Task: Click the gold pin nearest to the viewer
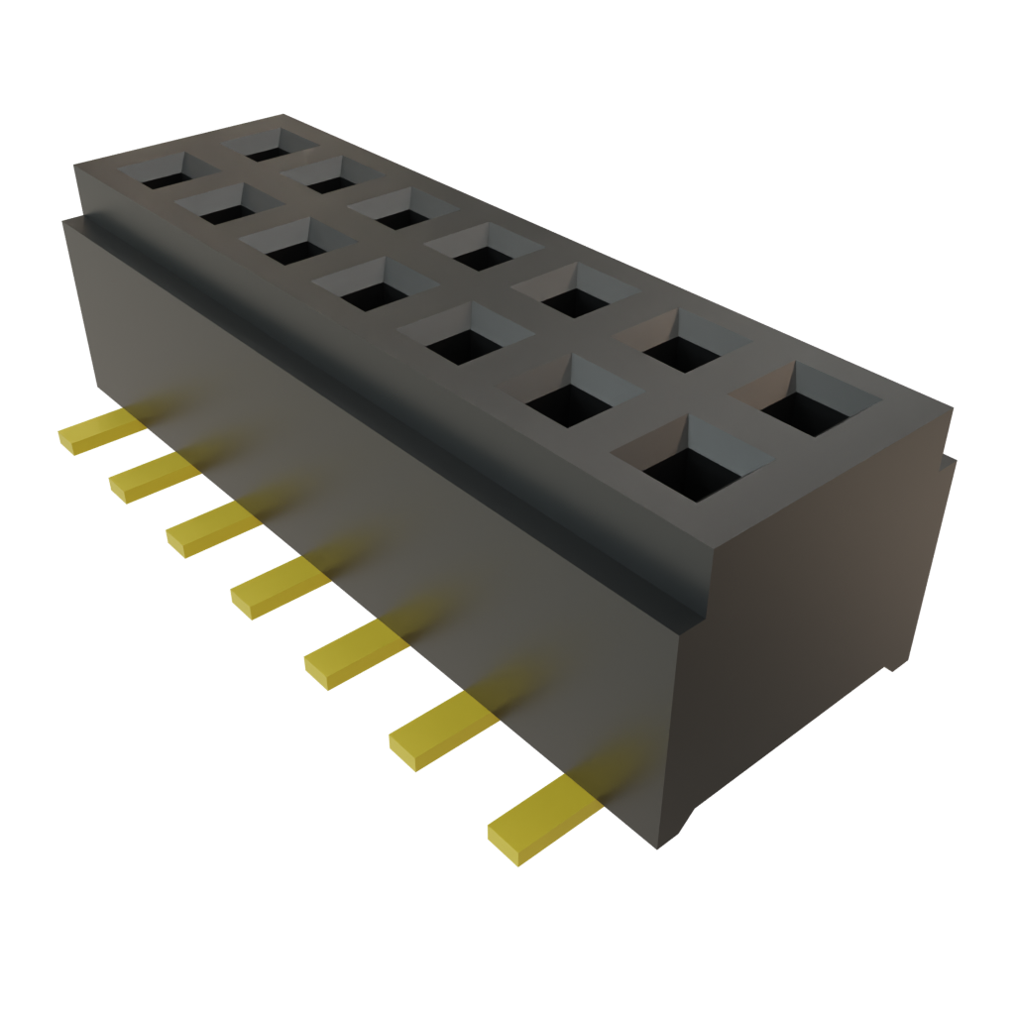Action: tap(540, 818)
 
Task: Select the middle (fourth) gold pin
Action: tap(278, 584)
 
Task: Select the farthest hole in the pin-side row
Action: tap(158, 177)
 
